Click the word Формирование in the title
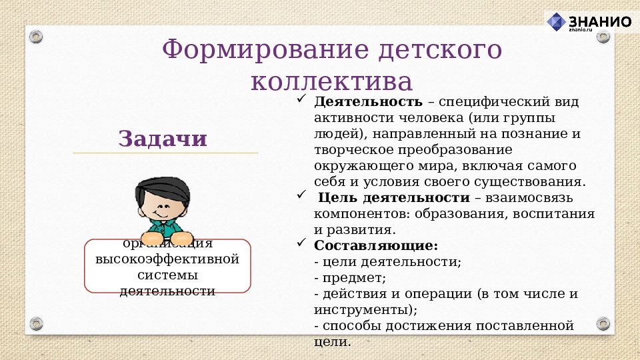point(253,50)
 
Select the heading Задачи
point(163,139)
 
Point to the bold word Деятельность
point(368,102)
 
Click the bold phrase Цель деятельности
point(393,198)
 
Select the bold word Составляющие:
point(375,245)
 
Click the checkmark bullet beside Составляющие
point(301,244)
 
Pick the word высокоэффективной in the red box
point(167,259)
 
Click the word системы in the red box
point(167,275)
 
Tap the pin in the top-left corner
point(37,35)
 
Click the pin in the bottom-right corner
point(603,324)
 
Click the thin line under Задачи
point(165,153)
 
